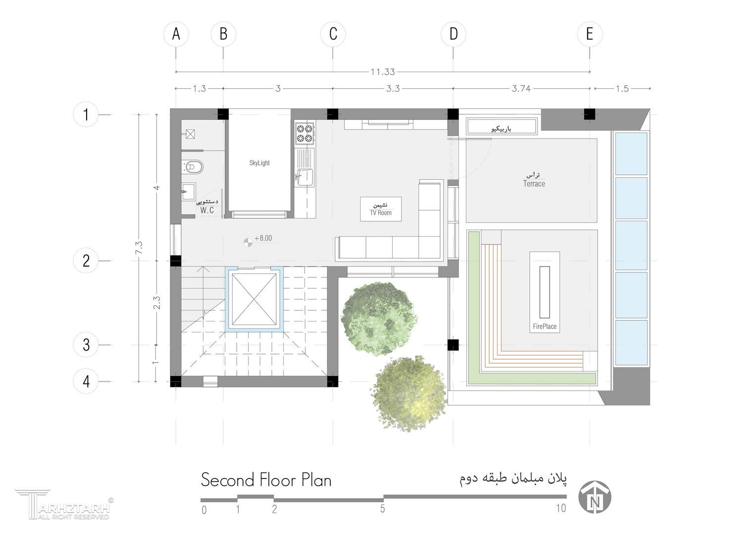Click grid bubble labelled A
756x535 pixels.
point(176,34)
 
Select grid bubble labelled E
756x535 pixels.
point(590,34)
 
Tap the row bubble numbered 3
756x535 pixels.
point(86,345)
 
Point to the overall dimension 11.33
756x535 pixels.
point(383,72)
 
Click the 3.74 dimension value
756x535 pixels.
point(521,89)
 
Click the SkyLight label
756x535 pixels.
point(259,163)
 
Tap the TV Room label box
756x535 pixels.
point(381,209)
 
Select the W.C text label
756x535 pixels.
point(207,210)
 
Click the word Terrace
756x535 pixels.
point(534,184)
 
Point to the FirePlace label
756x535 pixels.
point(545,326)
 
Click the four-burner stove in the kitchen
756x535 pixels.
point(304,133)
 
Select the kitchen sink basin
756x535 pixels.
point(305,177)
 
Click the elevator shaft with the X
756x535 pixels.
point(254,299)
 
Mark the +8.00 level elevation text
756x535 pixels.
point(263,238)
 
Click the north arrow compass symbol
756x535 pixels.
point(595,497)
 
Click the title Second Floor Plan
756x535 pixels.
point(266,480)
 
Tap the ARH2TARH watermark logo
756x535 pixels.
point(64,504)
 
